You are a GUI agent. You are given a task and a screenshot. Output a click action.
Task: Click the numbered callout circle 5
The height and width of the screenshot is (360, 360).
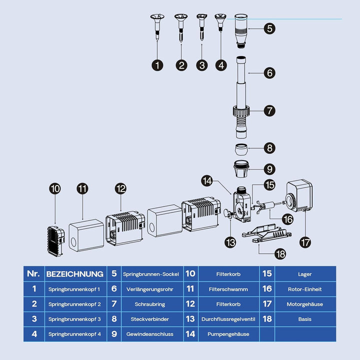click(x=269, y=28)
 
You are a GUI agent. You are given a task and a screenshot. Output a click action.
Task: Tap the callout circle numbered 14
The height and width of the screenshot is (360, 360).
click(x=207, y=181)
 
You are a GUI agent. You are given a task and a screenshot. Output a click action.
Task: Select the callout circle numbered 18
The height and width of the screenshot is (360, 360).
click(x=280, y=254)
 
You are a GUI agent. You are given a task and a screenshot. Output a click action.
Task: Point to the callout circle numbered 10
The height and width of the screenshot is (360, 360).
click(x=55, y=188)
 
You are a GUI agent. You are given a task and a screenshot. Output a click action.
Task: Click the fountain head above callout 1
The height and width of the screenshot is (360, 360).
click(x=157, y=27)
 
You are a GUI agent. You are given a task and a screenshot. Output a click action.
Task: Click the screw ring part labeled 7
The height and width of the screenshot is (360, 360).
click(x=241, y=111)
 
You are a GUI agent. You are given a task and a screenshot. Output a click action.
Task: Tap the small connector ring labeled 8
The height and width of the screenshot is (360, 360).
click(x=241, y=149)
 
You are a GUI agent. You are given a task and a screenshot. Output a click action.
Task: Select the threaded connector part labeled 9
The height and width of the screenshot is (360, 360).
click(x=241, y=169)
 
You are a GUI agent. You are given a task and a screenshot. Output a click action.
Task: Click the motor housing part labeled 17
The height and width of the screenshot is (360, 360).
click(x=298, y=196)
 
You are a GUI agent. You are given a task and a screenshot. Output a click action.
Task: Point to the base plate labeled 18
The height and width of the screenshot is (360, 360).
click(x=266, y=233)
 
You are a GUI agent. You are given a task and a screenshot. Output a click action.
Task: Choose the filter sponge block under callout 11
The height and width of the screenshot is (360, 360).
click(x=86, y=235)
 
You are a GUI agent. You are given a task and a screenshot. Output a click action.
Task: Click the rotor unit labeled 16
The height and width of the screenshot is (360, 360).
click(x=267, y=205)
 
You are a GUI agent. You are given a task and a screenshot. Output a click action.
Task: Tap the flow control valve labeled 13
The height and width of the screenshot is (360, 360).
click(x=228, y=213)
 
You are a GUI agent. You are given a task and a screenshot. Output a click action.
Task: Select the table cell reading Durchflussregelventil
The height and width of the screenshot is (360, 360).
click(x=228, y=319)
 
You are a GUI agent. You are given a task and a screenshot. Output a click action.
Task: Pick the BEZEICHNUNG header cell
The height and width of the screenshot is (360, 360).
click(x=75, y=274)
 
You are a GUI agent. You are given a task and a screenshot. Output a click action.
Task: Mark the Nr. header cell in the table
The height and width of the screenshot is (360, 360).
click(x=34, y=274)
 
